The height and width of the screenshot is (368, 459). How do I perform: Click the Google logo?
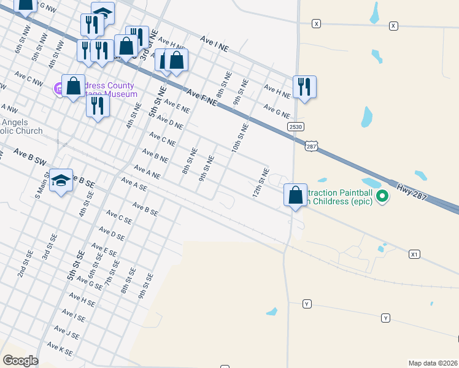click(20, 360)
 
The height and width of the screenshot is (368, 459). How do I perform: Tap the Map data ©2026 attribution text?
click(433, 363)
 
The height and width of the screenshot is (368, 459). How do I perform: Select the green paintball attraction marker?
click(382, 196)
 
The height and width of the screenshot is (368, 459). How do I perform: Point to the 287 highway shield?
click(311, 146)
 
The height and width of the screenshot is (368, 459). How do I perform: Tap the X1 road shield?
click(415, 253)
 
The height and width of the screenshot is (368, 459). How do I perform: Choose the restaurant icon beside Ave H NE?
click(304, 86)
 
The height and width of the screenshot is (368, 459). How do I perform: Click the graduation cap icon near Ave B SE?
click(61, 180)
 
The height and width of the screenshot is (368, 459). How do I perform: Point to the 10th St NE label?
click(239, 137)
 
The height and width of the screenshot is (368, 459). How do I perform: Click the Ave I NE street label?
click(215, 42)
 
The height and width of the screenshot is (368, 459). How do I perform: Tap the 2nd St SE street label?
click(25, 263)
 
